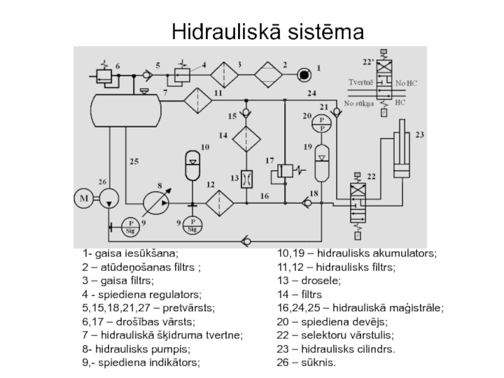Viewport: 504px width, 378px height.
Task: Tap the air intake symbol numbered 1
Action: tap(305, 75)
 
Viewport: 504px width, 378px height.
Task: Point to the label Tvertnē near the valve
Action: tap(361, 83)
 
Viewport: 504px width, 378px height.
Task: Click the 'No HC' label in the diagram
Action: tap(406, 83)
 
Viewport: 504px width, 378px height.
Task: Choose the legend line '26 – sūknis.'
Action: tap(306, 363)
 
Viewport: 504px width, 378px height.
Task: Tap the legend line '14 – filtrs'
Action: tap(299, 294)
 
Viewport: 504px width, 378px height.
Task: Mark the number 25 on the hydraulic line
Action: tap(134, 162)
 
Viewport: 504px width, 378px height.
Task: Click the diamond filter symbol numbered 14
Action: tap(246, 137)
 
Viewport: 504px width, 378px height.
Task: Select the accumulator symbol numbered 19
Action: tap(322, 163)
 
